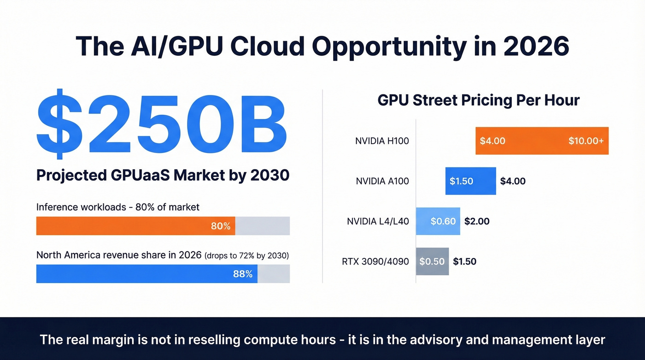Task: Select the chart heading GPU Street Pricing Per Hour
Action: pos(478,100)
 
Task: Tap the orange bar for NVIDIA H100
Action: pos(542,141)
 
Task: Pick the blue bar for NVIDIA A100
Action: pos(470,181)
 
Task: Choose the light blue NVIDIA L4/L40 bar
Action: pos(438,221)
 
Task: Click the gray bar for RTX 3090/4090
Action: pos(432,261)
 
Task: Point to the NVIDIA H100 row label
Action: pos(382,141)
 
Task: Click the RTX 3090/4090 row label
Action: pos(375,261)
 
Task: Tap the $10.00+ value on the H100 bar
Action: pos(586,141)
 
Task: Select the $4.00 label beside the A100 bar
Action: pos(513,181)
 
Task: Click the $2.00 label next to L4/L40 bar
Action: pos(477,221)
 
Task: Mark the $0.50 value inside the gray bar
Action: pos(432,261)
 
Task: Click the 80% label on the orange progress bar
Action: pos(220,226)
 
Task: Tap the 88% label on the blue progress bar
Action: pos(243,274)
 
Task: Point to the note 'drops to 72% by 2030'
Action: pos(249,255)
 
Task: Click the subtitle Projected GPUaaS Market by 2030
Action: pos(163,175)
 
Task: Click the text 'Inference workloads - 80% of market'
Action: pos(118,207)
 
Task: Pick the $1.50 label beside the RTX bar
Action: pos(464,261)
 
